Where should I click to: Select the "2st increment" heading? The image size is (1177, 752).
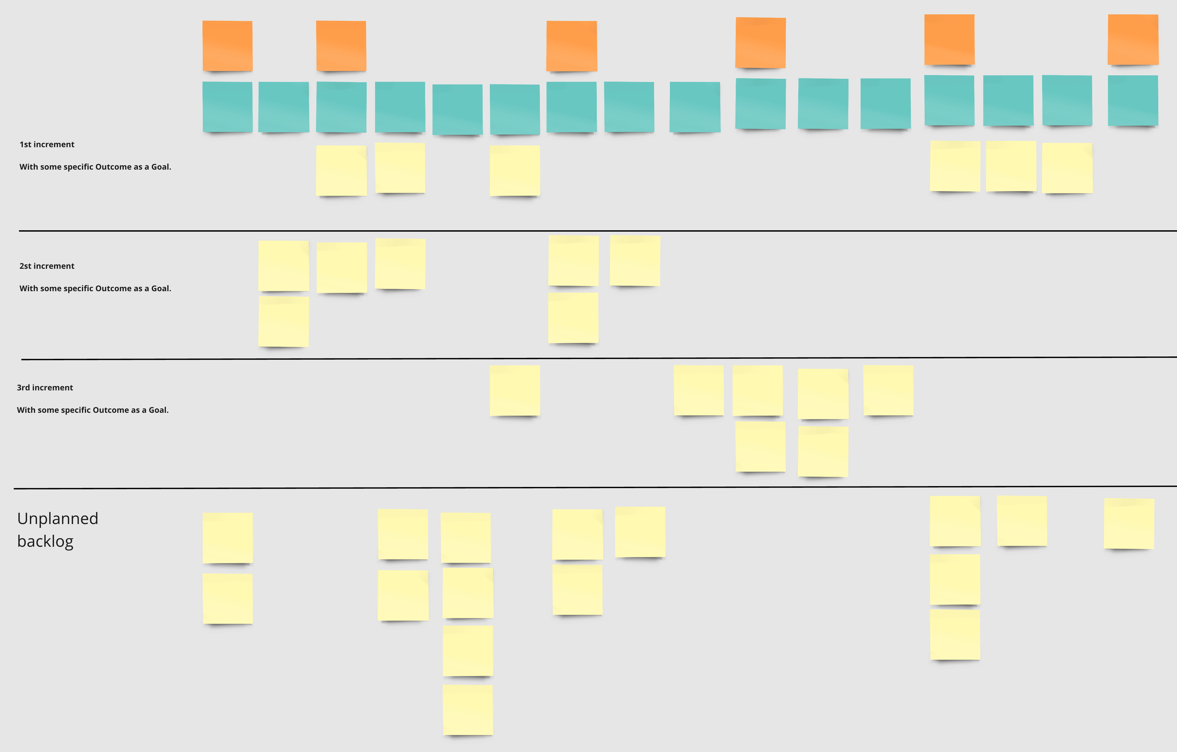click(47, 266)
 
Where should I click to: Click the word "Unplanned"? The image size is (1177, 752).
click(58, 518)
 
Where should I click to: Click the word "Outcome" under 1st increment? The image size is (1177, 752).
click(113, 167)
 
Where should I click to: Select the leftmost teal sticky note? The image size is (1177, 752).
click(227, 107)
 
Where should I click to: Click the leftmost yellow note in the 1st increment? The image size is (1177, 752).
click(341, 170)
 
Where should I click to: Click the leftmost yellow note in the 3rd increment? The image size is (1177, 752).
click(515, 390)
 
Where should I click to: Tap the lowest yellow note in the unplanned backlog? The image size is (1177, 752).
click(468, 709)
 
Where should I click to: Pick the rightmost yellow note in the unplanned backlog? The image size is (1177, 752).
click(1129, 523)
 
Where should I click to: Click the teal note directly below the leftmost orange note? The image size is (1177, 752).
click(227, 107)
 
